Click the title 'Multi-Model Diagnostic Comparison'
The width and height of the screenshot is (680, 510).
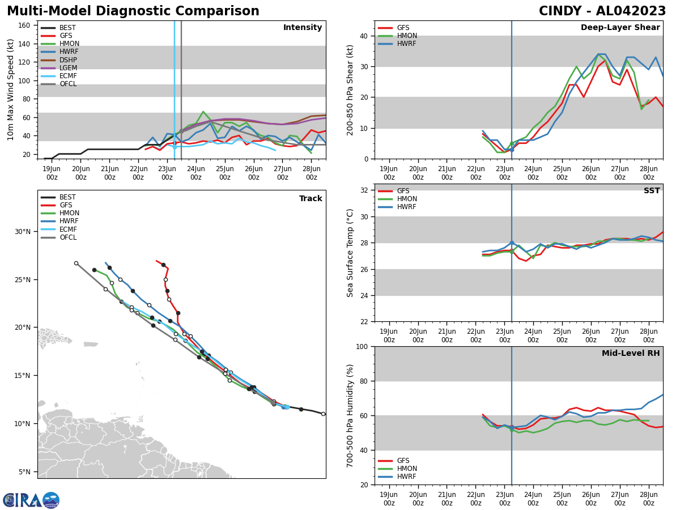click(133, 11)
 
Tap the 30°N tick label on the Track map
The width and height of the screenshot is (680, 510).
click(23, 232)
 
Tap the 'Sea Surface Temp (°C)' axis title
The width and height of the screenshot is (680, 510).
click(351, 253)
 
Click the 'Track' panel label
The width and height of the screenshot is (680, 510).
click(311, 199)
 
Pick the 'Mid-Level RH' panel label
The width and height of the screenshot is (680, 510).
click(631, 354)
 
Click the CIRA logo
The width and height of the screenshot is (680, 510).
click(31, 500)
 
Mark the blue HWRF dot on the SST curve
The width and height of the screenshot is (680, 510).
click(512, 243)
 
